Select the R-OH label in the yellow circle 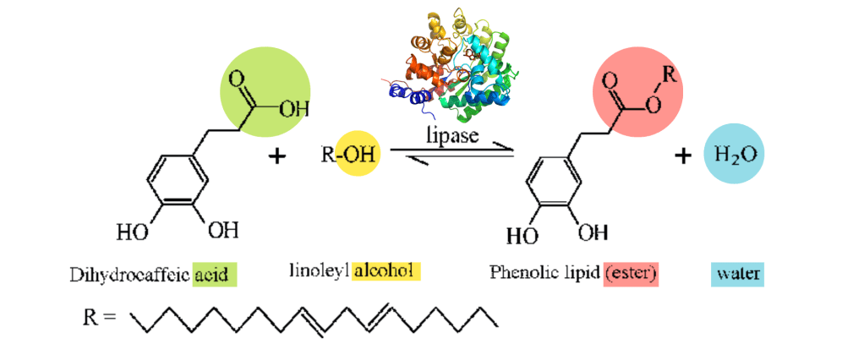click(348, 155)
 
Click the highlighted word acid click(214, 274)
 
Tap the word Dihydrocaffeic click(131, 274)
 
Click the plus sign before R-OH click(276, 156)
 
